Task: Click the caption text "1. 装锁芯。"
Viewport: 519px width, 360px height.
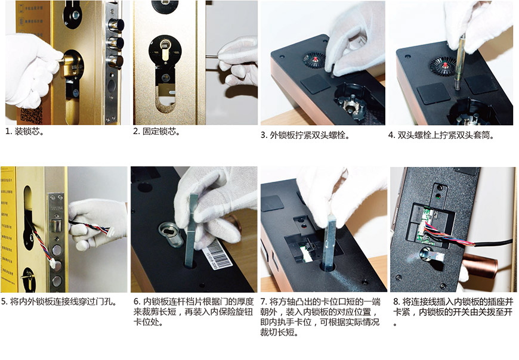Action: tap(25, 132)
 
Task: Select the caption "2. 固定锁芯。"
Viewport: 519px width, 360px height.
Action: tap(157, 131)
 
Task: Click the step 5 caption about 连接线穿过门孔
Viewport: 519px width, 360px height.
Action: tap(59, 302)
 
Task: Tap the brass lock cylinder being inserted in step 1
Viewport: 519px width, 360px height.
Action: tap(71, 63)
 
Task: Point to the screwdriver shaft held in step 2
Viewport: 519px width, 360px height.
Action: tap(212, 57)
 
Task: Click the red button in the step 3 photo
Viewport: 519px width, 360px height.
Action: tap(316, 60)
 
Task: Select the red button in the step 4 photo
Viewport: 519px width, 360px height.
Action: tap(445, 64)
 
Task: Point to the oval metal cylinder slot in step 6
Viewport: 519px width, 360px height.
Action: tap(171, 234)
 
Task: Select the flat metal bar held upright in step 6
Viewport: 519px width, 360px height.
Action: tap(190, 231)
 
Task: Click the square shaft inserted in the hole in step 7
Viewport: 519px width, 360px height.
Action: tap(330, 241)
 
